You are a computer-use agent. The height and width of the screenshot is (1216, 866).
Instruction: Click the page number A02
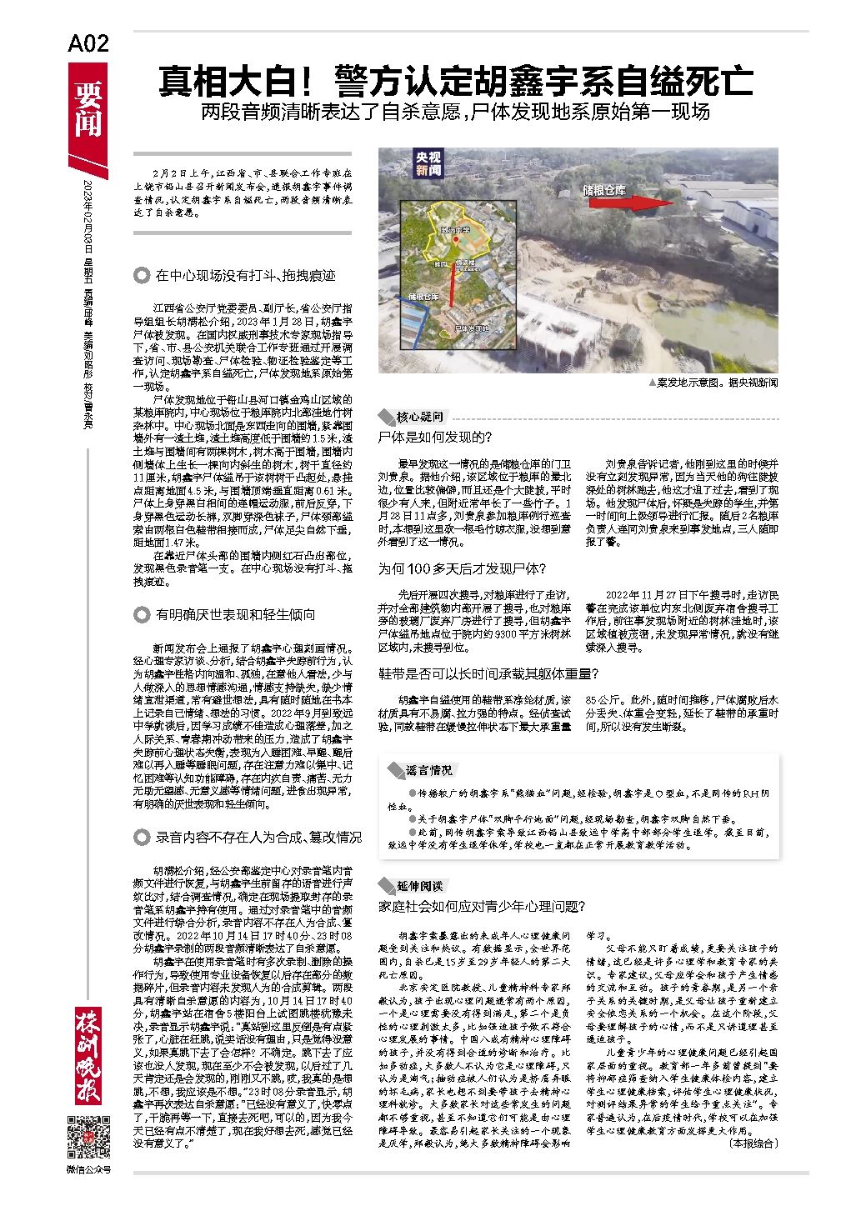click(x=88, y=44)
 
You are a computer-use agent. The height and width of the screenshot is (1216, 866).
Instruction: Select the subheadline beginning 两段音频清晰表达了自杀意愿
click(x=455, y=112)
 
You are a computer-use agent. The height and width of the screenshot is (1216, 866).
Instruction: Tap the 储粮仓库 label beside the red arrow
click(x=605, y=190)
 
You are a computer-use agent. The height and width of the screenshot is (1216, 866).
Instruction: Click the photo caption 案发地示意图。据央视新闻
click(x=713, y=383)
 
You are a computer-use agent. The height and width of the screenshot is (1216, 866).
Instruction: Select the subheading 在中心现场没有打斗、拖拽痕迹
click(x=245, y=275)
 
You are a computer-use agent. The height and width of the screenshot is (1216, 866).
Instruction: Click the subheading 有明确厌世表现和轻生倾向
click(x=235, y=615)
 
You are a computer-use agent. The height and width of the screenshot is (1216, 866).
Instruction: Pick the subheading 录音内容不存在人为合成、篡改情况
click(x=258, y=836)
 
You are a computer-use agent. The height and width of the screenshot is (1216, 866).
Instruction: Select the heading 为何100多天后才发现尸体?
click(x=463, y=568)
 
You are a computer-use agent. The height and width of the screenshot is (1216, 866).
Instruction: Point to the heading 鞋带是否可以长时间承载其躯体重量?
click(x=488, y=673)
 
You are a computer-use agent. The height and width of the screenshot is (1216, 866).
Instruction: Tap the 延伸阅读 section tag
click(x=420, y=885)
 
